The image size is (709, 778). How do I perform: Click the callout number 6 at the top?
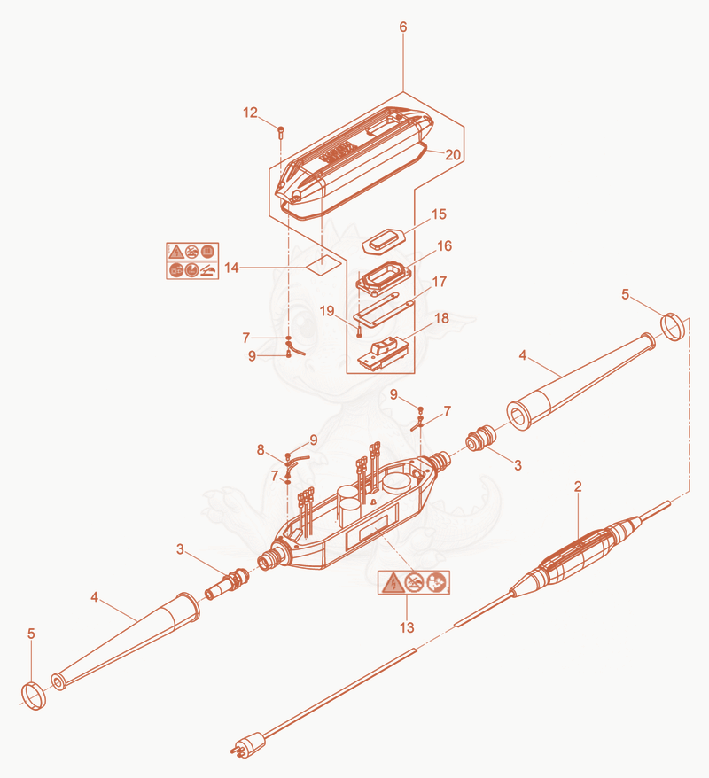click(403, 27)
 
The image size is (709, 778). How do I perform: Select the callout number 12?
click(251, 113)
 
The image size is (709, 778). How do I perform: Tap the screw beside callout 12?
click(281, 131)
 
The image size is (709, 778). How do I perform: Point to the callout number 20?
click(453, 155)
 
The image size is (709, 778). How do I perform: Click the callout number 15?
click(439, 214)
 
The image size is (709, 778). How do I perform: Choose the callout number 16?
click(445, 246)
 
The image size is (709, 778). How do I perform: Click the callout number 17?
click(440, 282)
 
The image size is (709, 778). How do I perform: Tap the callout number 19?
click(327, 311)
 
